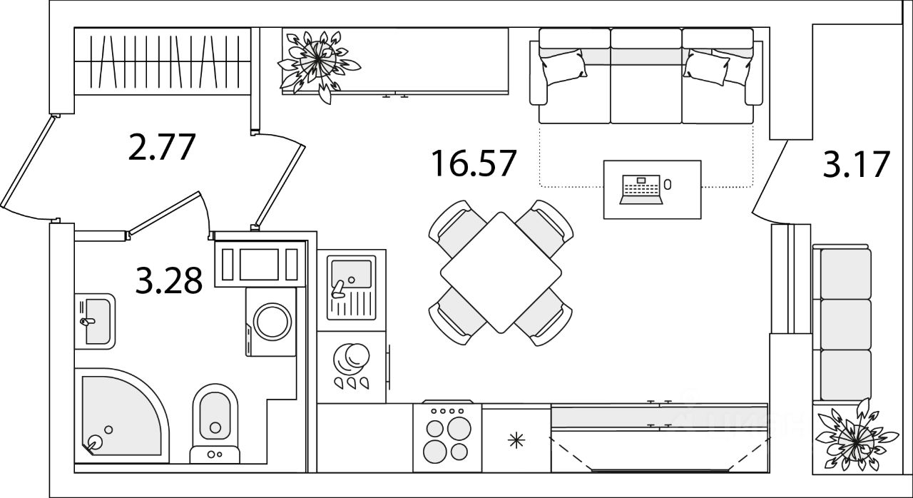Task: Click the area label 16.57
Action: coord(473,163)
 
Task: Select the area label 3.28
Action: coord(169,280)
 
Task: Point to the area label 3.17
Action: coord(856,164)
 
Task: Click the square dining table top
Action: coord(501,272)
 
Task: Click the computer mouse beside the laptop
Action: coord(667,185)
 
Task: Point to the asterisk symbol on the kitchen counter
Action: coord(514,440)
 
